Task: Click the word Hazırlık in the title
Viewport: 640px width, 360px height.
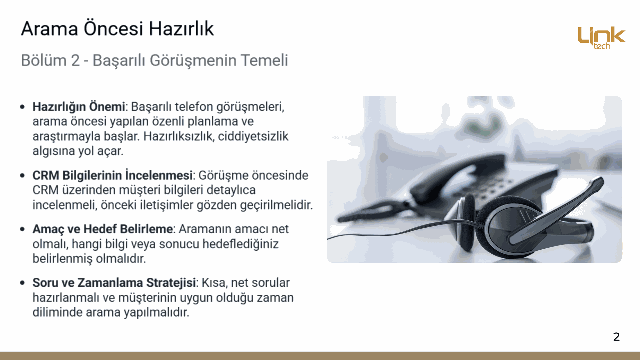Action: coord(181,29)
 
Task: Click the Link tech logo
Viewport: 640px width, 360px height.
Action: coord(602,38)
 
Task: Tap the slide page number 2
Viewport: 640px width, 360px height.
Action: coord(616,337)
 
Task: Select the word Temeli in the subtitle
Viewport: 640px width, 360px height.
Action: coord(264,60)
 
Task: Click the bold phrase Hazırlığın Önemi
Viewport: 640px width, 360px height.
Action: coord(79,107)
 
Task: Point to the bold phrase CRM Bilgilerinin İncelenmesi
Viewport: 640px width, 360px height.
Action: coord(113,175)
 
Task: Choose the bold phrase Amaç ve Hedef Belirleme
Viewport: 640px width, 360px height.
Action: coord(103,229)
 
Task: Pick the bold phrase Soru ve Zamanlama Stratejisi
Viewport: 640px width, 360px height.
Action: coord(114,283)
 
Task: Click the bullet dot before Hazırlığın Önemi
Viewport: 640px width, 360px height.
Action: coord(22,107)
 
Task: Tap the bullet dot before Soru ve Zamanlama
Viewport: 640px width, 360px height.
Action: coord(22,283)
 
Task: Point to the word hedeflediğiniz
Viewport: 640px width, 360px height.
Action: coord(240,244)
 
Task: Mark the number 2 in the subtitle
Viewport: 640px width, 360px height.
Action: coord(75,61)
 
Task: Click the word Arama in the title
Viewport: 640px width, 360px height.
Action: coord(49,29)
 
